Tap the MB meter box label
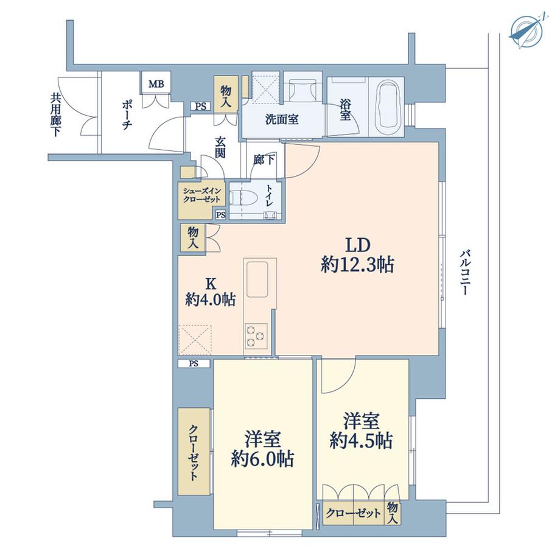[156, 82]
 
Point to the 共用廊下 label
[55, 114]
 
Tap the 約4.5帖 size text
[362, 440]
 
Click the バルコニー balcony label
[466, 273]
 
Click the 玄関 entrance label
[220, 147]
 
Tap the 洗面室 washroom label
[281, 119]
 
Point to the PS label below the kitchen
[194, 364]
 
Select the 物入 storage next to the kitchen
[193, 237]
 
